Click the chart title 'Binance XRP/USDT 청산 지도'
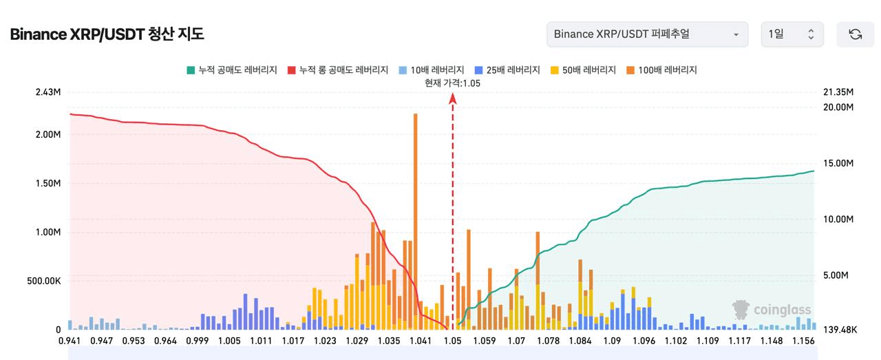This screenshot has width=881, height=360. pyautogui.click(x=107, y=34)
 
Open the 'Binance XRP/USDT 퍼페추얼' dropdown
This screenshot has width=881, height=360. pyautogui.click(x=648, y=34)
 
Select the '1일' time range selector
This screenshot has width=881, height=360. pyautogui.click(x=792, y=34)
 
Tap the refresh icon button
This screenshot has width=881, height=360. pyautogui.click(x=855, y=34)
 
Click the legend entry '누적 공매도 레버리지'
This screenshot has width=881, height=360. pyautogui.click(x=232, y=70)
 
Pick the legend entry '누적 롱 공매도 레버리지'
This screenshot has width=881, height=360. pyautogui.click(x=338, y=70)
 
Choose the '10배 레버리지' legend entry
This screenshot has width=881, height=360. pyautogui.click(x=432, y=70)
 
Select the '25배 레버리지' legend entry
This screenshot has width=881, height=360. pyautogui.click(x=507, y=70)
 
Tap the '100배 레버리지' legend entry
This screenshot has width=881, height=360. pyautogui.click(x=661, y=70)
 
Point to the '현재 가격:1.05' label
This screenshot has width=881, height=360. pyautogui.click(x=452, y=83)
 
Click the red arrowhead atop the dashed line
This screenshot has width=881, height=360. pyautogui.click(x=453, y=98)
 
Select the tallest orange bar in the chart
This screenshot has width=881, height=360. pyautogui.click(x=415, y=222)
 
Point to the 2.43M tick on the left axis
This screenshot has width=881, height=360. pyautogui.click(x=48, y=92)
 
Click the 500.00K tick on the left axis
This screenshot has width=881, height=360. pyautogui.click(x=43, y=281)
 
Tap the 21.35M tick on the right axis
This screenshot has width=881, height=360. pyautogui.click(x=838, y=92)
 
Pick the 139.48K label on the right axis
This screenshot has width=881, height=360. pyautogui.click(x=840, y=330)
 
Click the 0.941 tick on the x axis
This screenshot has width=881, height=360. pyautogui.click(x=70, y=341)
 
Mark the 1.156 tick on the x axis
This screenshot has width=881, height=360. pyautogui.click(x=803, y=341)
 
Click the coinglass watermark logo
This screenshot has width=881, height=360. pyautogui.click(x=772, y=310)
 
